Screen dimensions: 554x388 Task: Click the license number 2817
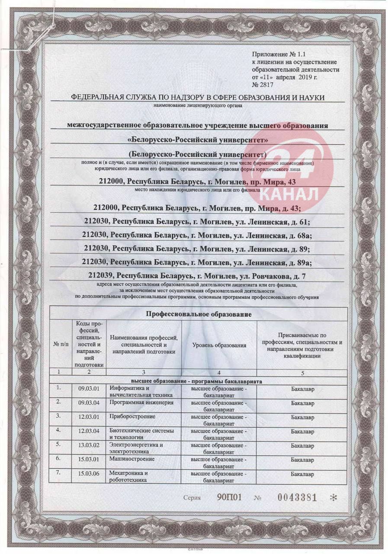266,85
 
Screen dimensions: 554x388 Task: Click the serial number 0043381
297,497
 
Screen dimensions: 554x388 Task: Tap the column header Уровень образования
219,345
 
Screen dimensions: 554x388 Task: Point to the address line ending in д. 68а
197,235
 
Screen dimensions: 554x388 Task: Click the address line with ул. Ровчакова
197,275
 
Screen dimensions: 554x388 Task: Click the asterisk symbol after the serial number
333,498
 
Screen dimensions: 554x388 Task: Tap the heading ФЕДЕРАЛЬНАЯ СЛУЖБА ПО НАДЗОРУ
198,98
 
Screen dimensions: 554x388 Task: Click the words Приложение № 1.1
273,55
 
